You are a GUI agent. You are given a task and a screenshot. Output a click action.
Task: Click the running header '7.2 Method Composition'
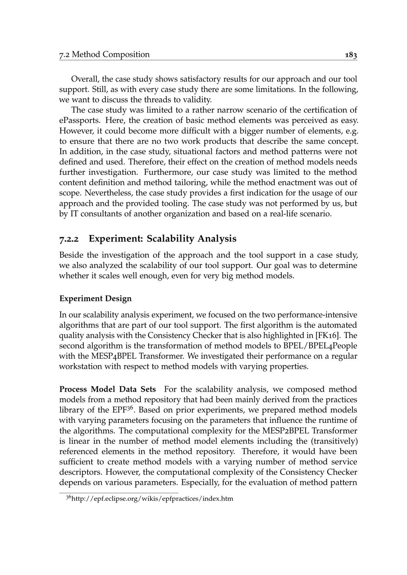click(104, 54)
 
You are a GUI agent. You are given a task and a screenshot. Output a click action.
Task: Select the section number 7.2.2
click(70, 239)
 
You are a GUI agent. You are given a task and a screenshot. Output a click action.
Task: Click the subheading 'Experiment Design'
click(96, 298)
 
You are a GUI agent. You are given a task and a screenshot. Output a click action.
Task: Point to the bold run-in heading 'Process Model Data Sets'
click(107, 389)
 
